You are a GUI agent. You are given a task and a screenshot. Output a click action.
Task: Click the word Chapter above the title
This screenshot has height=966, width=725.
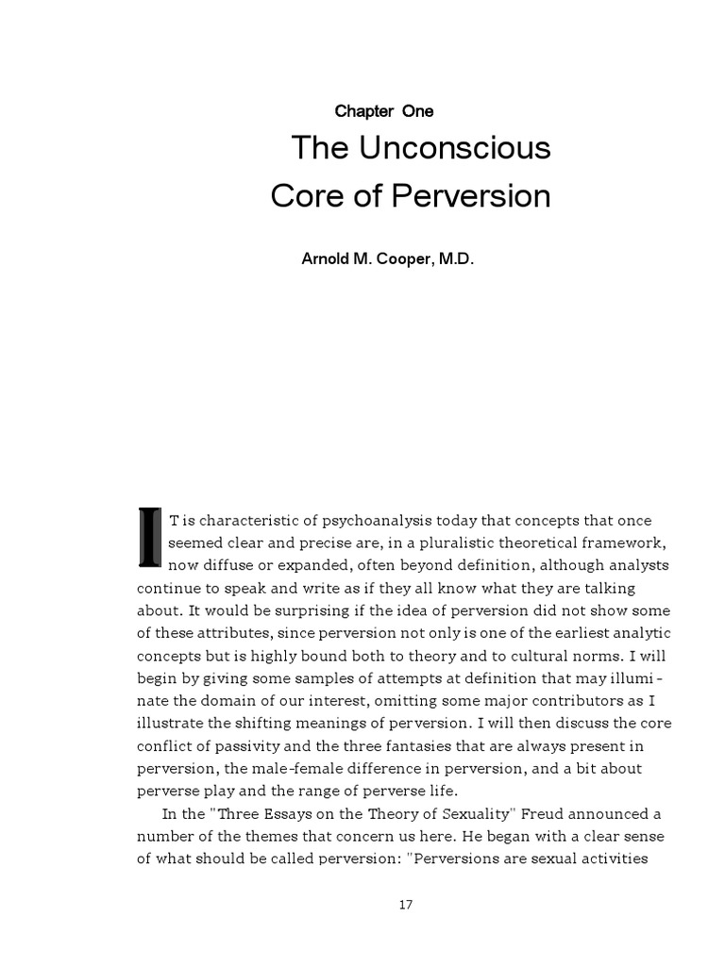pyautogui.click(x=363, y=111)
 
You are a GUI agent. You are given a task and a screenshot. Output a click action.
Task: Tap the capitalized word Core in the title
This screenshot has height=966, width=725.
pyautogui.click(x=305, y=196)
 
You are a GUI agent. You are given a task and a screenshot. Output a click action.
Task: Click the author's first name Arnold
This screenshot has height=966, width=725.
pyautogui.click(x=326, y=258)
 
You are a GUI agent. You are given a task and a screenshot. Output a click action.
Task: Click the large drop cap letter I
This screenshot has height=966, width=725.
pyautogui.click(x=149, y=538)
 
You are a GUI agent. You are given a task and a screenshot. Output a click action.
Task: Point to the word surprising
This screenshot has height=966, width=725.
pyautogui.click(x=303, y=608)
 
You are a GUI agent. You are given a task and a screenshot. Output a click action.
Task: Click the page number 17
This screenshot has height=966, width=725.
pyautogui.click(x=406, y=904)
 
